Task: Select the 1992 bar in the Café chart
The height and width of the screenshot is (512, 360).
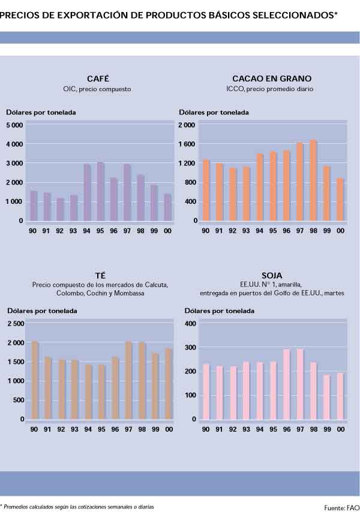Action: (61, 209)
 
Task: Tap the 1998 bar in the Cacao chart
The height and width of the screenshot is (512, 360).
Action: (313, 180)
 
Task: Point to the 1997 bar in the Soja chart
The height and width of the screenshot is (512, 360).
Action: (300, 384)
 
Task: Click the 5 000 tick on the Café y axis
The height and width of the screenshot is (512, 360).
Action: (14, 125)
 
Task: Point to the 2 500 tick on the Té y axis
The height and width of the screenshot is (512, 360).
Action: (15, 324)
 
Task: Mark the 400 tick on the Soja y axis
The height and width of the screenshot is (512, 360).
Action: (190, 324)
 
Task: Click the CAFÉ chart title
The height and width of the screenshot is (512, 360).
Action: (98, 79)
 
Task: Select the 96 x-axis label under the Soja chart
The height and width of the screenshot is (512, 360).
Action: (286, 429)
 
